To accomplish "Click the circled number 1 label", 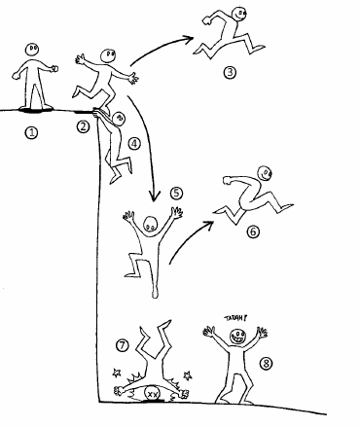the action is [31, 132].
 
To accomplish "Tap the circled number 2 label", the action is [83, 126].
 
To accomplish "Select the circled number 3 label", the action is [230, 72].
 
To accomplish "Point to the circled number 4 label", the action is [134, 144].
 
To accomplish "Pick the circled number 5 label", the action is [176, 194].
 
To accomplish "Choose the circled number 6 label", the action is [253, 231].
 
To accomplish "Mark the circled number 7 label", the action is [123, 345].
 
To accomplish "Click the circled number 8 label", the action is [266, 363].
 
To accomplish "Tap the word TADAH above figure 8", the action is [235, 318].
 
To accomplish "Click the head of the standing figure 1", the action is [32, 50].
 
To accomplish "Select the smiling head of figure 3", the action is [238, 15].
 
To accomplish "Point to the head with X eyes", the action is [152, 394].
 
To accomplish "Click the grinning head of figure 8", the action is [237, 337].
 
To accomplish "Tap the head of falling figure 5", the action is [150, 224].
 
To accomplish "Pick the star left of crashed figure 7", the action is [117, 373].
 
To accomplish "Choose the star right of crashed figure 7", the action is [187, 375].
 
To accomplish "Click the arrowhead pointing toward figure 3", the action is [188, 39].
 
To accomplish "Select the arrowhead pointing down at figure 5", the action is [155, 196].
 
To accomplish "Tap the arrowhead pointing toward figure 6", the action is [208, 224].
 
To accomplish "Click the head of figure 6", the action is [265, 173].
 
